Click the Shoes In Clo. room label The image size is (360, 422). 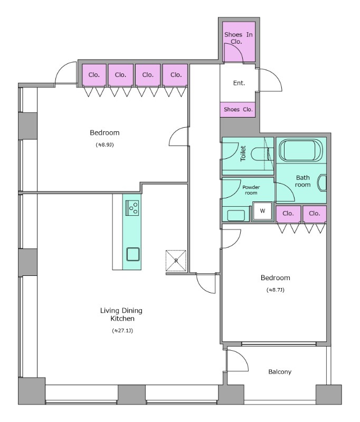[x=239, y=38]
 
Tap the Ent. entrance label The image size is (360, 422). [x=239, y=83]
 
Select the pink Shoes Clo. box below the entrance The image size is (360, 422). [x=238, y=110]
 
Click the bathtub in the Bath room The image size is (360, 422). [x=301, y=150]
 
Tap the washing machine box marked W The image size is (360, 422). [x=262, y=210]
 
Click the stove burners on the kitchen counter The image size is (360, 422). [x=132, y=208]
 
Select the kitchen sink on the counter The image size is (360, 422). [x=133, y=254]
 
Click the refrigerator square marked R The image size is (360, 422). [x=176, y=261]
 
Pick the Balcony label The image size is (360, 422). [x=280, y=372]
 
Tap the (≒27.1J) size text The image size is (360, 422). [x=122, y=331]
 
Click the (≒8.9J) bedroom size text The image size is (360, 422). [x=105, y=145]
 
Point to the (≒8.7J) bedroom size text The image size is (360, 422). [x=276, y=290]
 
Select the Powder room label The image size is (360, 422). [x=251, y=190]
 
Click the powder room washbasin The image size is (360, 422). [x=236, y=215]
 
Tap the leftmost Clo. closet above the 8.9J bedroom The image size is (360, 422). [x=94, y=75]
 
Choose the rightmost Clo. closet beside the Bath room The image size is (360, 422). [x=315, y=214]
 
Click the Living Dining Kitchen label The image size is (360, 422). [x=121, y=314]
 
